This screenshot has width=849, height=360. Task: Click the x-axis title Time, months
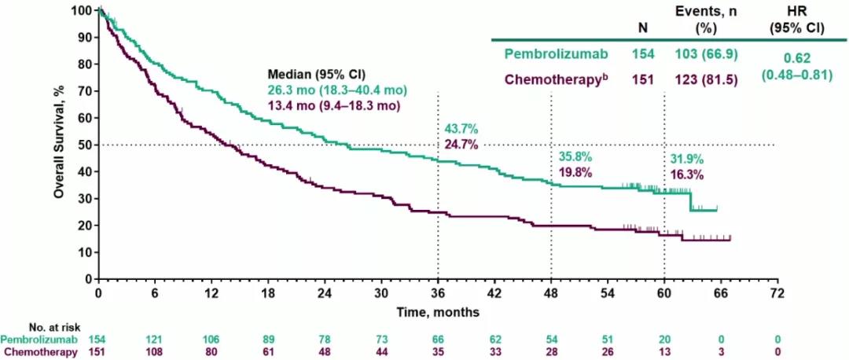tap(438, 312)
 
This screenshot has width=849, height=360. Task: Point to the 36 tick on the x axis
tap(438, 292)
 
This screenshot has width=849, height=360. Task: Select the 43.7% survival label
tap(461, 128)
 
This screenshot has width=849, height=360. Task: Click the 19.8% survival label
tap(575, 172)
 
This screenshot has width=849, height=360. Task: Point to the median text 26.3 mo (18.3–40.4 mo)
tap(334, 92)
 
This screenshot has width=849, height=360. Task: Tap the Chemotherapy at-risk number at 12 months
tap(211, 351)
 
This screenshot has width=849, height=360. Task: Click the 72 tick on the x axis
tap(777, 292)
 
